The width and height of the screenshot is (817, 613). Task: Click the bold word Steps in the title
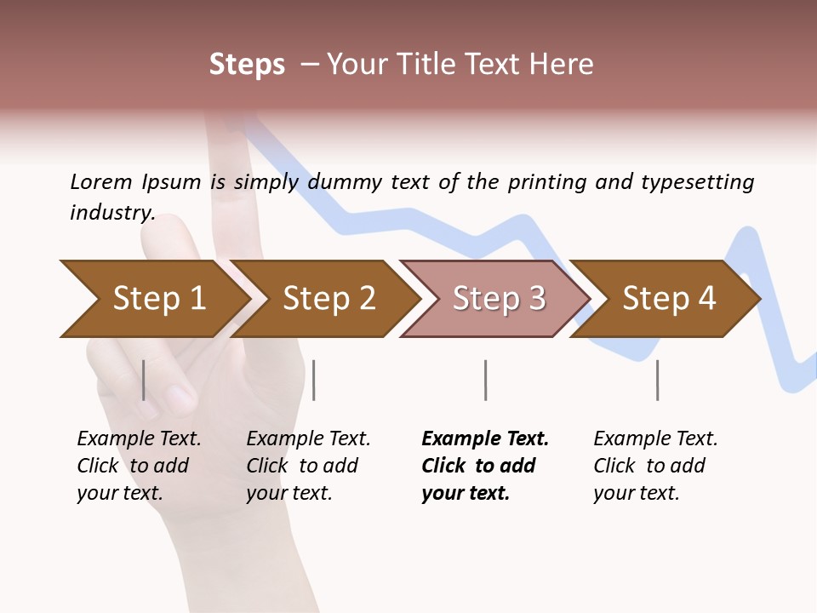pyautogui.click(x=247, y=65)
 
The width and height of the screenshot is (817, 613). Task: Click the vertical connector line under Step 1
pyautogui.click(x=144, y=380)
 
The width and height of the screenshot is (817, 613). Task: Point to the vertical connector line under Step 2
pyautogui.click(x=314, y=380)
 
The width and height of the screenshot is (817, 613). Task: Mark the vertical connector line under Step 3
pyautogui.click(x=485, y=380)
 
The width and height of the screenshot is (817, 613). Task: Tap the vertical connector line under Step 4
pyautogui.click(x=657, y=380)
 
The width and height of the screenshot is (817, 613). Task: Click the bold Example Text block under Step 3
pyautogui.click(x=485, y=466)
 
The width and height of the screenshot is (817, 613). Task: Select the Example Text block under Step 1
pyautogui.click(x=139, y=466)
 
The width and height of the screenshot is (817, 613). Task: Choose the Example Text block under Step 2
pyautogui.click(x=308, y=466)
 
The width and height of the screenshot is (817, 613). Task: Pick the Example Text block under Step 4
pyautogui.click(x=655, y=466)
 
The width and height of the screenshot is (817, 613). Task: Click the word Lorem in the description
pyautogui.click(x=100, y=181)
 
